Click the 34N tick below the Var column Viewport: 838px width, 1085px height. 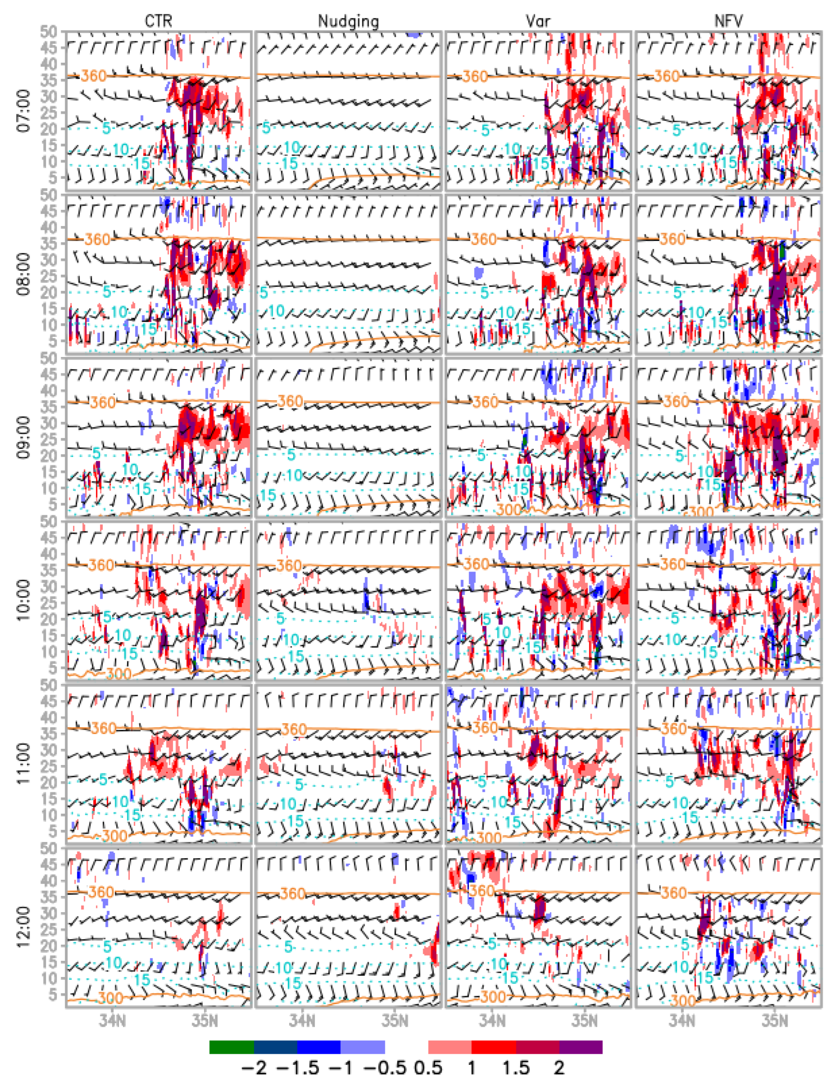coord(492,1022)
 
